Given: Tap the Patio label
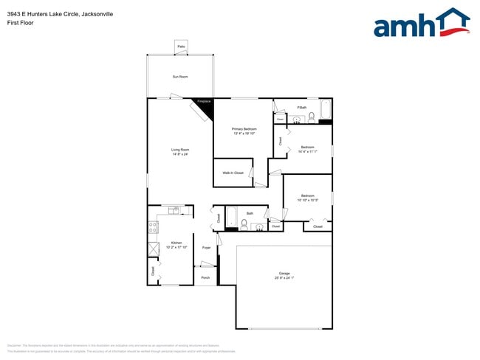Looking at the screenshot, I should (181, 47).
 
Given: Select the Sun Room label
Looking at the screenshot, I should (181, 77).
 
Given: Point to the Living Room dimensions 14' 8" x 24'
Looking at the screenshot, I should (180, 155).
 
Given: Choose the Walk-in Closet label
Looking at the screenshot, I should (233, 173).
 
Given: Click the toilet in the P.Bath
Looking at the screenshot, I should (312, 117).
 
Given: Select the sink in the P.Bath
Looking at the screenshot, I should (297, 118).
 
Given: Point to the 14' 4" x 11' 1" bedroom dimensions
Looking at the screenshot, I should (307, 152).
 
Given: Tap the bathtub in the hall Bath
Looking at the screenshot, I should (231, 218).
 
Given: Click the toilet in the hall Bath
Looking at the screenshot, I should (244, 224).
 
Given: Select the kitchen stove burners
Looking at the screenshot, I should (153, 229).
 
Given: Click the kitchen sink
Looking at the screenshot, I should (173, 211).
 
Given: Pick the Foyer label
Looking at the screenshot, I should (207, 248).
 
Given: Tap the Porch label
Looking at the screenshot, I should (205, 277).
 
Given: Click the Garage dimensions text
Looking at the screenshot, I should (284, 278).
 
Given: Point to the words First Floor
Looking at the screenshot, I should (20, 22).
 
